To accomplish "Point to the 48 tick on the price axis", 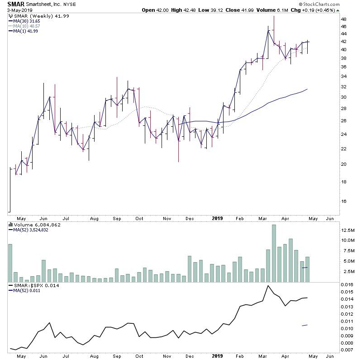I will pyautogui.click(x=344, y=19).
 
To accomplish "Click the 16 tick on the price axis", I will pyautogui.click(x=344, y=202).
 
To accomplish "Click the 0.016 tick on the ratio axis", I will pyautogui.click(x=348, y=284).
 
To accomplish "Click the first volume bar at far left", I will pyautogui.click(x=10, y=263).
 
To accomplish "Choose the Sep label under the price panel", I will pyautogui.click(x=117, y=218).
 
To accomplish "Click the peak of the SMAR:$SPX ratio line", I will pyautogui.click(x=268, y=286).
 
